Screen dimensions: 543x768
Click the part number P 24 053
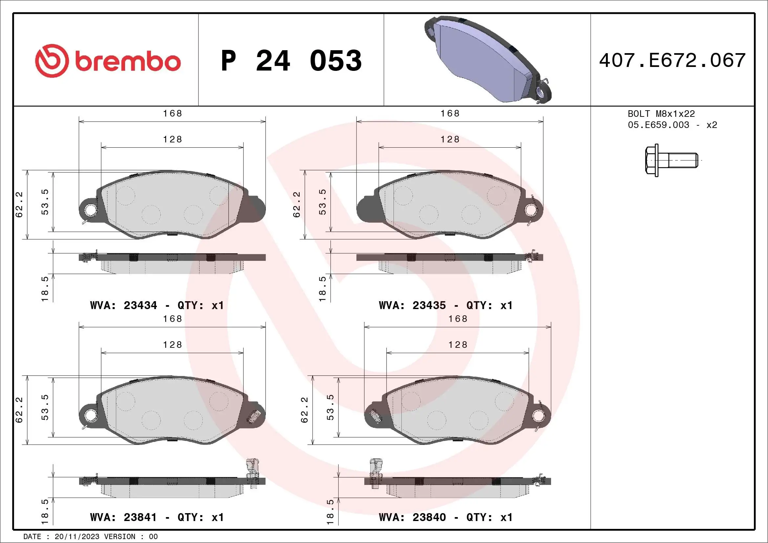click(x=291, y=61)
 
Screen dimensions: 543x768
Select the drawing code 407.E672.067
click(x=672, y=60)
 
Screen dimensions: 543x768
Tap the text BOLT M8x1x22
click(x=661, y=114)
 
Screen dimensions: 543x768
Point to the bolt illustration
click(x=671, y=160)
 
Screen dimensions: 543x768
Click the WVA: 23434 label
click(x=123, y=305)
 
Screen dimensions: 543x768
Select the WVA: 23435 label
click(x=412, y=305)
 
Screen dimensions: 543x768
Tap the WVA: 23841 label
click(x=123, y=517)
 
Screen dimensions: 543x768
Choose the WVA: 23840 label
click(x=412, y=517)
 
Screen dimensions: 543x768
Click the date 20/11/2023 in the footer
click(x=77, y=537)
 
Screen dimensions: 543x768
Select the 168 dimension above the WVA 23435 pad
click(x=450, y=114)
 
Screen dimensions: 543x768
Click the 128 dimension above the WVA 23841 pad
click(x=173, y=345)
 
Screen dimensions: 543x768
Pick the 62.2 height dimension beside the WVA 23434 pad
click(x=19, y=204)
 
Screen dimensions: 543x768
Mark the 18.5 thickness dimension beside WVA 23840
click(x=330, y=511)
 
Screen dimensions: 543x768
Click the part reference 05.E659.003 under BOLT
click(x=658, y=125)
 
